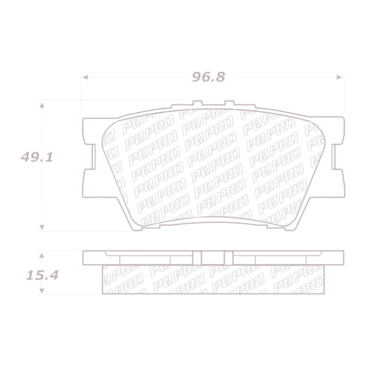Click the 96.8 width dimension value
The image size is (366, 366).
(x=209, y=77)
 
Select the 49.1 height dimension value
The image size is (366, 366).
(x=37, y=157)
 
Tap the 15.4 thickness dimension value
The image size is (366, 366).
(x=42, y=275)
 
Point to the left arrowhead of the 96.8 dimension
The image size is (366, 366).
(x=85, y=77)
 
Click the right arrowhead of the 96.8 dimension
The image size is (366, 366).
(x=339, y=77)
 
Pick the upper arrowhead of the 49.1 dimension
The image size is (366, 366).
(x=42, y=105)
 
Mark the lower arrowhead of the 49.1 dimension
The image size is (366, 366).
(x=42, y=227)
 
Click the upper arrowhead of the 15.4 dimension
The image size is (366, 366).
(x=42, y=256)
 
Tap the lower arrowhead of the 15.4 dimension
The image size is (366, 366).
(x=42, y=290)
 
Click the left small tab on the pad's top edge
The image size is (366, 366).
(x=197, y=103)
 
